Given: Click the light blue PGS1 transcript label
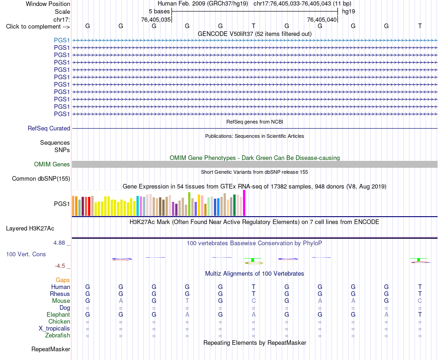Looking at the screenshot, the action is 62,40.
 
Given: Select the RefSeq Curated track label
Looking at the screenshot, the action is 49,129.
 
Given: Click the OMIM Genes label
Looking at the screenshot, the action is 52,164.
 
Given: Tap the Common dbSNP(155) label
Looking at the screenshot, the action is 41,179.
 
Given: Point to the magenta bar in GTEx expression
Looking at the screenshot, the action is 244,203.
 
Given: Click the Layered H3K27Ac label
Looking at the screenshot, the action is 30,229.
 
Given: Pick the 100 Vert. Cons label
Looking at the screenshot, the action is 26,254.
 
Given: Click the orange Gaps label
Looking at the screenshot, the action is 63,280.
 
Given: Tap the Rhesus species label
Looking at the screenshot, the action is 60,294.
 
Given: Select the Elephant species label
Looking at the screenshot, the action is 59,315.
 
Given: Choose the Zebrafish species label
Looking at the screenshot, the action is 58,336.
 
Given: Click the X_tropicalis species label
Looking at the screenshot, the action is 54,329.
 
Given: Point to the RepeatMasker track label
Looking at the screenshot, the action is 51,349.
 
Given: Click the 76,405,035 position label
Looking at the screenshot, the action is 156,19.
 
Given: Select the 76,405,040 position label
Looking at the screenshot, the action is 322,19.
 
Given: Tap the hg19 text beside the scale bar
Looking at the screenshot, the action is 349,12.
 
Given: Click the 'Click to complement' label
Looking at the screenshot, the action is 38,27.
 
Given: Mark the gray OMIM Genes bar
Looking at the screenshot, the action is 255,164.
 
